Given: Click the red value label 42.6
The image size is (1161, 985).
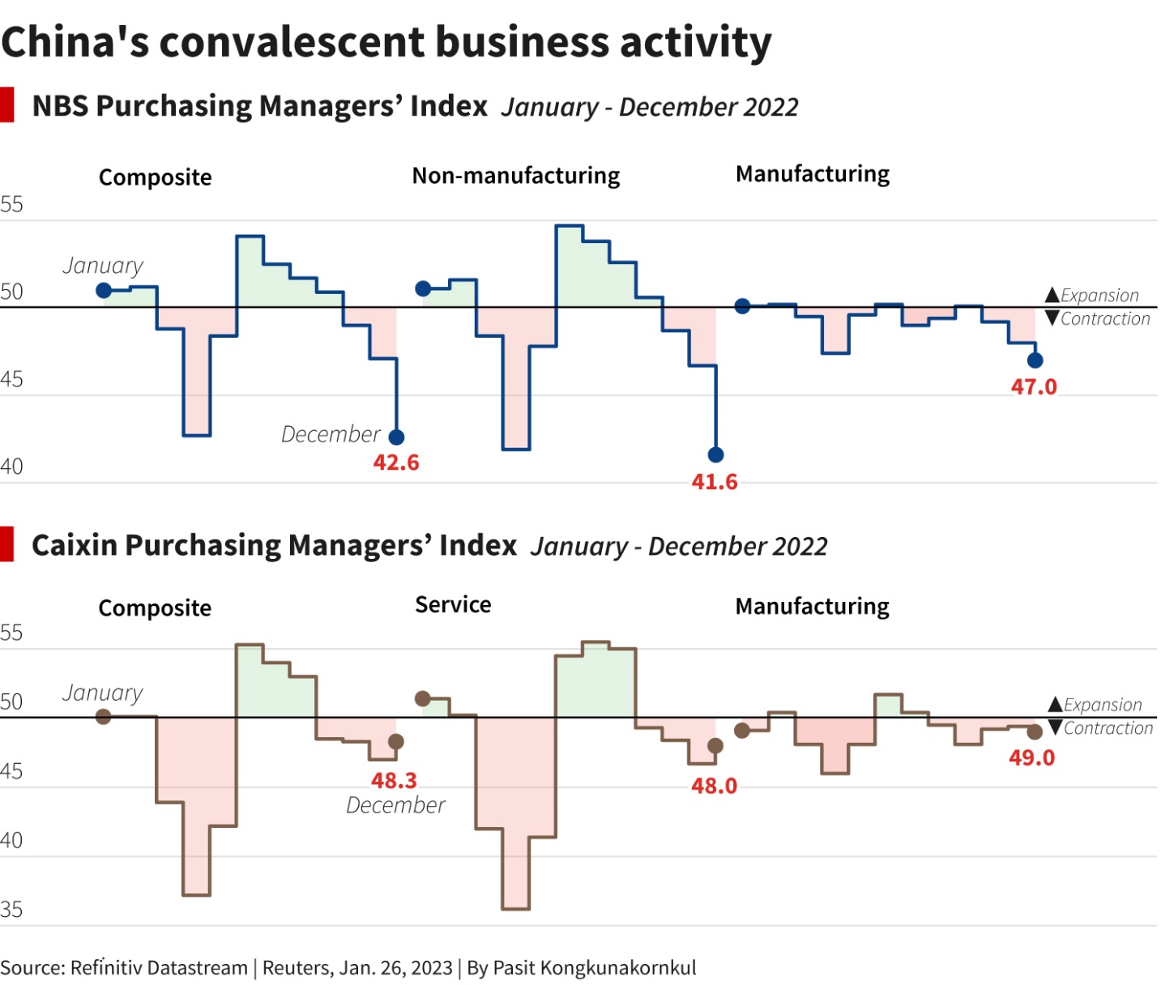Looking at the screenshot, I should [x=396, y=463].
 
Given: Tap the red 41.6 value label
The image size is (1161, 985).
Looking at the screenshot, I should [x=715, y=482].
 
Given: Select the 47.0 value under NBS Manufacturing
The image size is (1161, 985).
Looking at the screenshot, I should [x=1034, y=386].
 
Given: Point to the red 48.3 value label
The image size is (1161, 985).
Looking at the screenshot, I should [x=394, y=780].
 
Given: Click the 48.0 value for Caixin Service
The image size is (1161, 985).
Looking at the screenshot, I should [x=714, y=786].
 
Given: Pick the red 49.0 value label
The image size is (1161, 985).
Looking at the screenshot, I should [x=1031, y=757].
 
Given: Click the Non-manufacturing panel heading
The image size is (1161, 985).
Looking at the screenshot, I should [x=515, y=176].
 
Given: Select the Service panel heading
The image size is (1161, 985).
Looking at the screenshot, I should [x=453, y=605].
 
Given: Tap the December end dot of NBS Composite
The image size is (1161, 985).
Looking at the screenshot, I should [x=396, y=437].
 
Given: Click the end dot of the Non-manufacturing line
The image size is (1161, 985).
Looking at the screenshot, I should [x=715, y=454].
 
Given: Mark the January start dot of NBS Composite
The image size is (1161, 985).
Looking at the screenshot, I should [x=104, y=290].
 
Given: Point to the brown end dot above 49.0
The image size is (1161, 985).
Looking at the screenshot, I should [x=1035, y=732].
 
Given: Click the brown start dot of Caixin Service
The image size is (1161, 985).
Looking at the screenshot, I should [x=422, y=698].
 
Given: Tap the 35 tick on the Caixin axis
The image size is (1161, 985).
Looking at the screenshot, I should [x=11, y=910].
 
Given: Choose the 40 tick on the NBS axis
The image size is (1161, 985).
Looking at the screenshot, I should [x=11, y=467].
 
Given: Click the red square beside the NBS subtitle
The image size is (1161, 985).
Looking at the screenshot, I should [x=7, y=105].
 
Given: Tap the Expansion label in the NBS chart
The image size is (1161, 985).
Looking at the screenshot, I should [x=1099, y=295].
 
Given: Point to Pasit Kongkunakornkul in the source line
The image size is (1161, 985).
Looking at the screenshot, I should [x=594, y=968].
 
